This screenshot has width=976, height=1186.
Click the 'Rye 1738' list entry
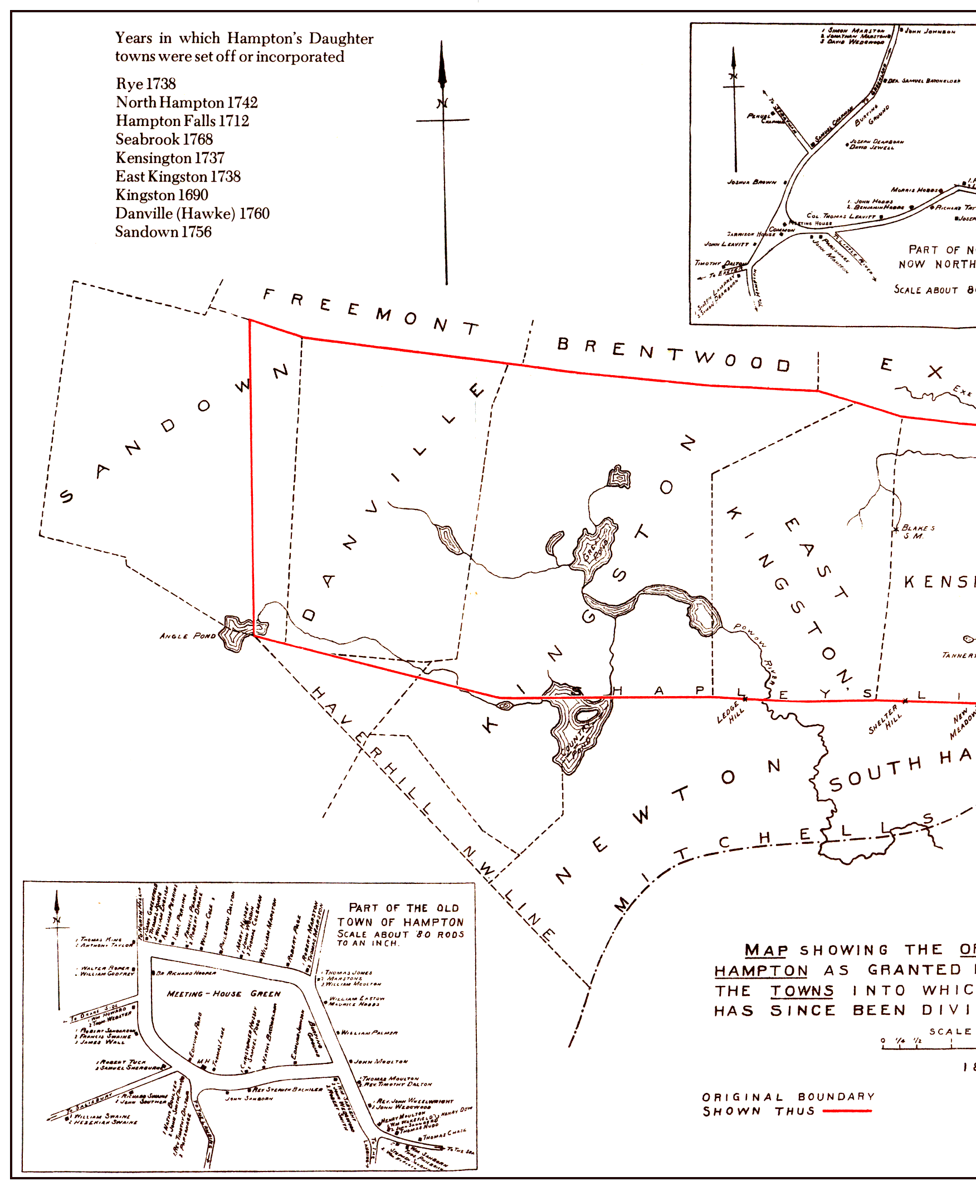[145, 84]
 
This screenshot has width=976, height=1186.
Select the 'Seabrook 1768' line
[164, 139]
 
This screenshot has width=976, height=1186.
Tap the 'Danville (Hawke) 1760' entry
[192, 213]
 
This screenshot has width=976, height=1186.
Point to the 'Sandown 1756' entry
[163, 232]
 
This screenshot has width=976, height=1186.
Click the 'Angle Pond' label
[187, 636]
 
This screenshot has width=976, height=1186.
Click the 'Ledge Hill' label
[730, 713]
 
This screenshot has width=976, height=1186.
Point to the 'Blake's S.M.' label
[917, 532]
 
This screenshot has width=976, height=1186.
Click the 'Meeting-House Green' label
[223, 994]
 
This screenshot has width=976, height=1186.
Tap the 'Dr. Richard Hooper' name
[186, 973]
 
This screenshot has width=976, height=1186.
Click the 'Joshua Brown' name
[751, 182]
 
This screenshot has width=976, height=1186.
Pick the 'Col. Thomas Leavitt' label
[841, 216]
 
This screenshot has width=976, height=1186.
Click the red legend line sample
[847, 1111]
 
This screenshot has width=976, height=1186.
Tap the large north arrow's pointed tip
[441, 43]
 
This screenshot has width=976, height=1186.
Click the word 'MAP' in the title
[766, 950]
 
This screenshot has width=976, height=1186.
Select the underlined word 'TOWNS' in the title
[802, 991]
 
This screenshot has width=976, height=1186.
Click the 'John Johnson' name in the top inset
[929, 32]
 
